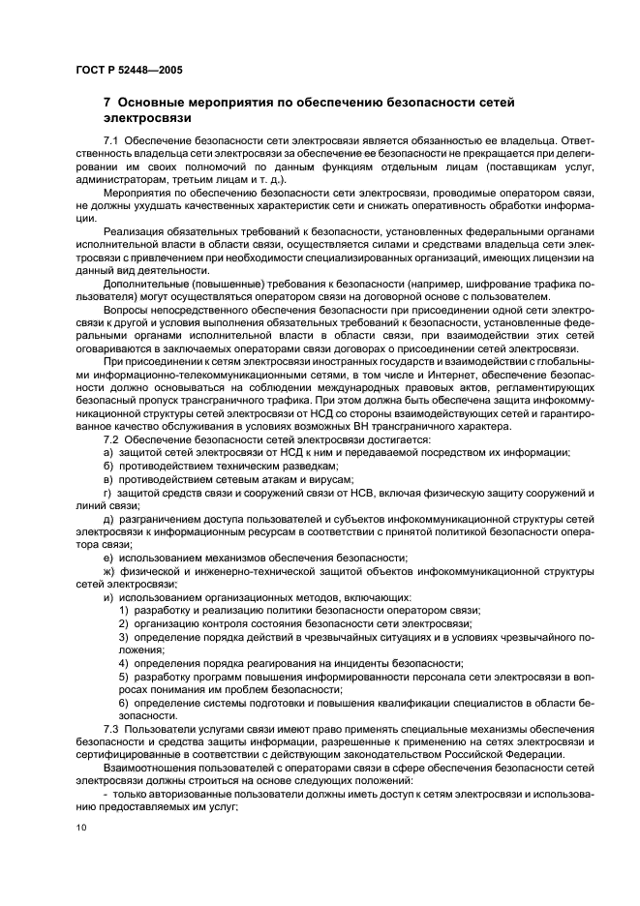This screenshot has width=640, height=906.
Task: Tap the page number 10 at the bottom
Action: point(80,826)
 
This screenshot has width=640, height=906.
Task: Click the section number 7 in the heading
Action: point(107,101)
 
